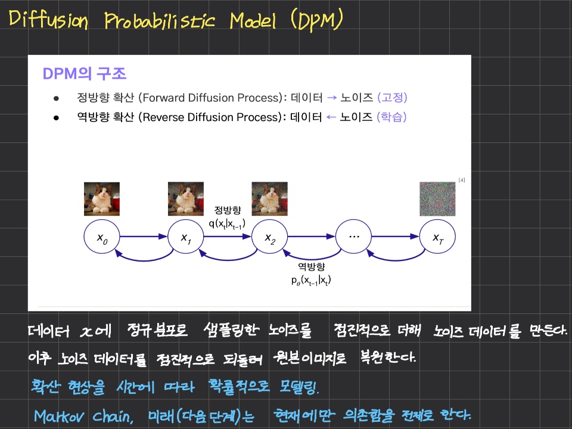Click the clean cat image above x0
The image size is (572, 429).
click(x=102, y=199)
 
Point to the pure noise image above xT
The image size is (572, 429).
click(x=437, y=199)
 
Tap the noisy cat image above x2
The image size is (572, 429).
click(x=269, y=199)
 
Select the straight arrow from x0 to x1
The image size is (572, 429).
click(x=144, y=237)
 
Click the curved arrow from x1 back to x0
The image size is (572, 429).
click(x=144, y=260)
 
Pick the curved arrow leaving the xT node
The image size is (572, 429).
click(x=396, y=260)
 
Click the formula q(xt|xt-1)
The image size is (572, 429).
click(x=227, y=223)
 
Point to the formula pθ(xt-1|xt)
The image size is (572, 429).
click(x=311, y=280)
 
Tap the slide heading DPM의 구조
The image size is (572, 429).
click(x=84, y=74)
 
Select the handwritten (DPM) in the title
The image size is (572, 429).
click(x=316, y=20)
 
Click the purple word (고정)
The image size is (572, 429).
click(x=392, y=97)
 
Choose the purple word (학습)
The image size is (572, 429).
click(x=391, y=117)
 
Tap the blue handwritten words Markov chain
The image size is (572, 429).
click(x=83, y=416)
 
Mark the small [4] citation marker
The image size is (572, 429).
click(x=461, y=180)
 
